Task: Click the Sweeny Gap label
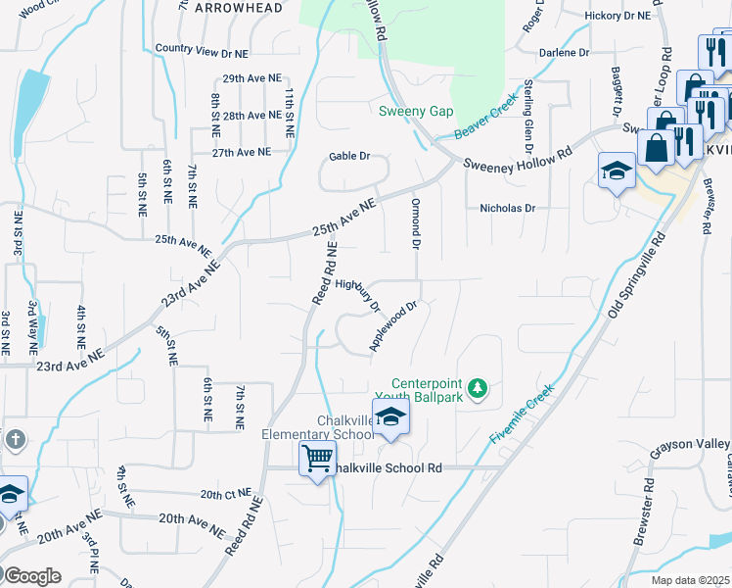pyautogui.click(x=416, y=111)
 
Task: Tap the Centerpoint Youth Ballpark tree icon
pyautogui.click(x=478, y=389)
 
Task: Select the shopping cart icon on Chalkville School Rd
pyautogui.click(x=317, y=458)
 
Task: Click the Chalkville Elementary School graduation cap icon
pyautogui.click(x=389, y=417)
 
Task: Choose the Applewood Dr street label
pyautogui.click(x=393, y=325)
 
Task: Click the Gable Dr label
pyautogui.click(x=349, y=156)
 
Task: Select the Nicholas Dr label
pyautogui.click(x=508, y=208)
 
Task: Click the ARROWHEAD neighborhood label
pyautogui.click(x=239, y=8)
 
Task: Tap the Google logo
pyautogui.click(x=31, y=575)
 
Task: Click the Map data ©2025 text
pyautogui.click(x=690, y=580)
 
